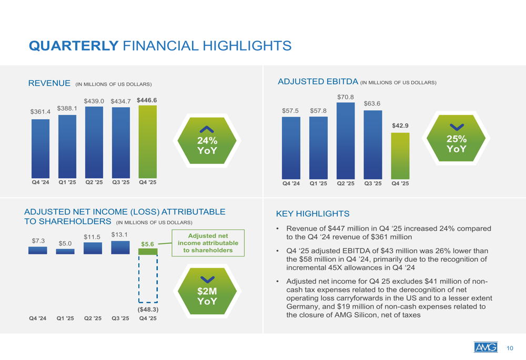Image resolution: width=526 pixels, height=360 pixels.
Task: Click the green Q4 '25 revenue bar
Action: tap(147, 142)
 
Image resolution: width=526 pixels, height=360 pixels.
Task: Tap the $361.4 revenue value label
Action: tap(40, 112)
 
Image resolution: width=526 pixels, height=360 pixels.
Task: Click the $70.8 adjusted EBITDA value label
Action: tap(345, 97)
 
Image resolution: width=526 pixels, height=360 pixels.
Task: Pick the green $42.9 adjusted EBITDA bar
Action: tap(400, 156)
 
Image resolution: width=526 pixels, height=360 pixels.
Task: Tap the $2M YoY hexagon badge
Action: tap(207, 292)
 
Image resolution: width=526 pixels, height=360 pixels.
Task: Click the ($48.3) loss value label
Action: tap(148, 310)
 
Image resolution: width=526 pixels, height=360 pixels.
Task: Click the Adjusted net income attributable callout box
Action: tap(208, 243)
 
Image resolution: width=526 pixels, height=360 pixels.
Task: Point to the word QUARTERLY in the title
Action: tap(73, 46)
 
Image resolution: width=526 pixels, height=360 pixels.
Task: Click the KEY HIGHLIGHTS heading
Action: tap(312, 214)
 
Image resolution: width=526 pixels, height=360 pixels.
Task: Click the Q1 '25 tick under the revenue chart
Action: tap(67, 183)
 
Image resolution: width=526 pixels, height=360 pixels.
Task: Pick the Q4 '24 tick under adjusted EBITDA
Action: tap(291, 184)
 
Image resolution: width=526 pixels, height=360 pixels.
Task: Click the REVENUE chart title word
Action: tap(49, 83)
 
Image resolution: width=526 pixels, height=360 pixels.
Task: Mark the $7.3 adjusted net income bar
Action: tap(38, 251)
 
